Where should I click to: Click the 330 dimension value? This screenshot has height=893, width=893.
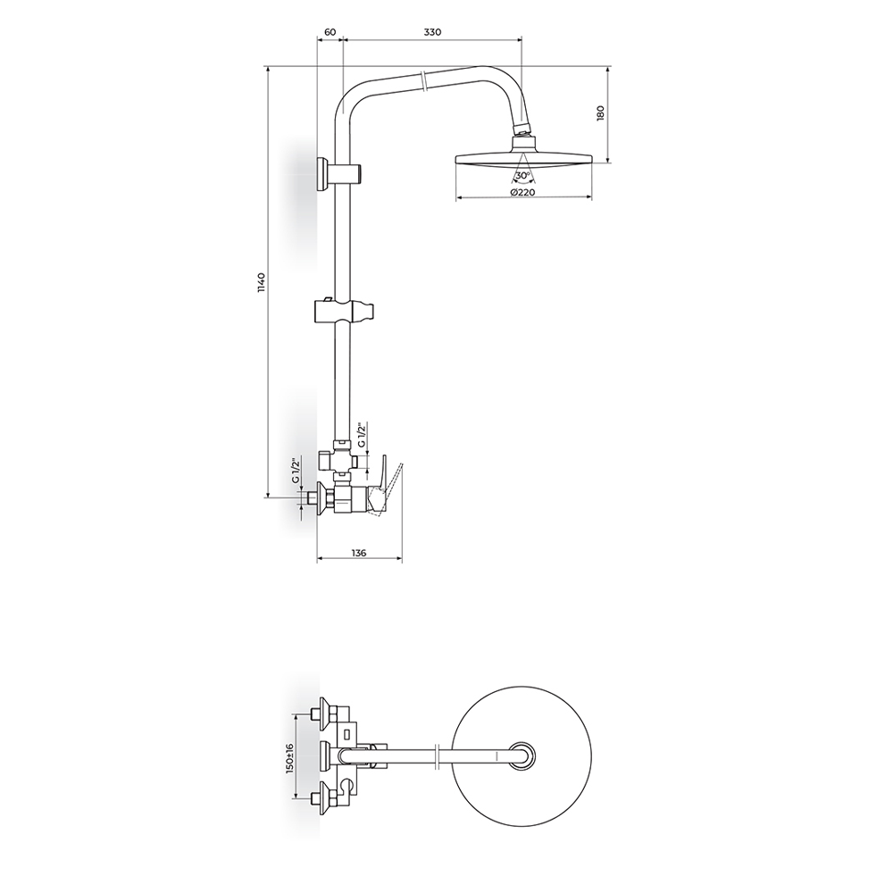coord(432,32)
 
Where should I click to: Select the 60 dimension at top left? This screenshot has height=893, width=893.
coord(330,32)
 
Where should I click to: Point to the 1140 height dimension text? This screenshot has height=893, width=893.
coord(261,283)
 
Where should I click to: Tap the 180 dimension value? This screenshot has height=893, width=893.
coord(600,113)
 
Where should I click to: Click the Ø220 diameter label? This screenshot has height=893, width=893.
coord(522,192)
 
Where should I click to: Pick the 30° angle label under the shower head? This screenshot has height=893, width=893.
coord(522,175)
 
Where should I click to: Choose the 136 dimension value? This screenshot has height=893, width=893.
coord(359,553)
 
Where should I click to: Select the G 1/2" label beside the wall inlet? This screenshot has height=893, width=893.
coord(296,471)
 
